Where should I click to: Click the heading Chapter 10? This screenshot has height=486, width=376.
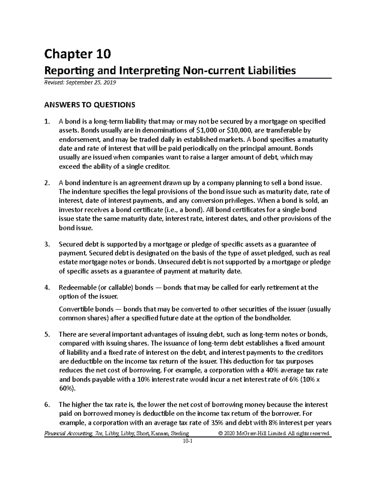point(77,54)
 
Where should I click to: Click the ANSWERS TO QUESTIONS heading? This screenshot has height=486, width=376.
point(90,105)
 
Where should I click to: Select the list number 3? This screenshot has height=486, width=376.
point(47,244)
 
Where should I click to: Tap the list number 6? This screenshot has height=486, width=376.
point(47,405)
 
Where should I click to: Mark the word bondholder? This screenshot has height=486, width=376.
point(274,319)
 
